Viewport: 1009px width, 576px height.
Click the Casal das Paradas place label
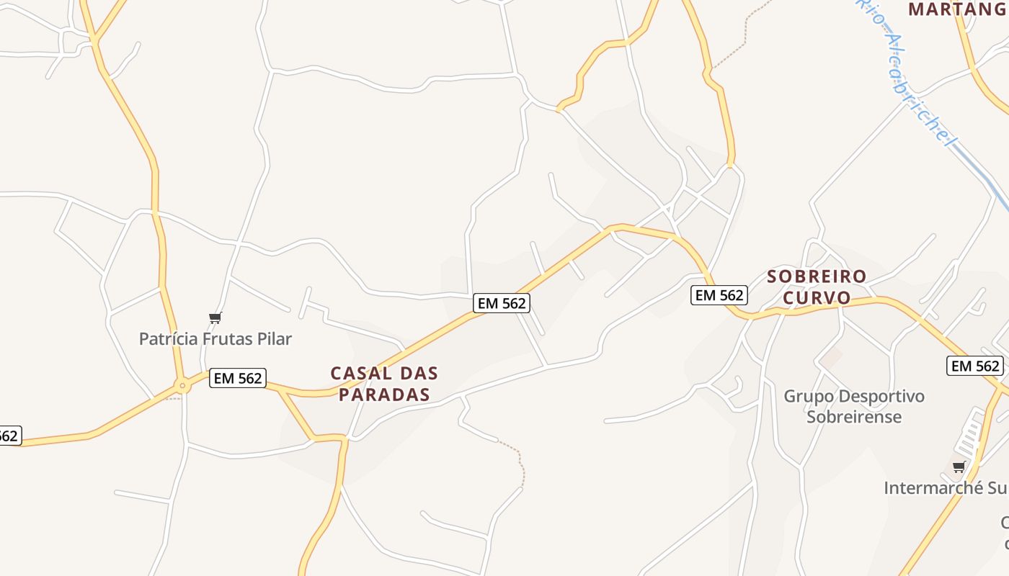click(384, 384)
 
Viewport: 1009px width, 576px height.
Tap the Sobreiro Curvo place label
click(817, 287)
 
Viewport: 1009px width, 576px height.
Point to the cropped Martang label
click(957, 9)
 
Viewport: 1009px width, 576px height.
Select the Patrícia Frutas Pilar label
click(215, 338)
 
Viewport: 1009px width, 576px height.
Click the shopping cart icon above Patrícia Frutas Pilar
click(215, 318)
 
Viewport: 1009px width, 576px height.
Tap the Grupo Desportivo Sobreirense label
click(854, 406)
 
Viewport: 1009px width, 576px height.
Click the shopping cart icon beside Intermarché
click(959, 467)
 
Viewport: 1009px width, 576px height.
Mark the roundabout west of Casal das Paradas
click(182, 386)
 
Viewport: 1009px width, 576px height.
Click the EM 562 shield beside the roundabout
click(238, 378)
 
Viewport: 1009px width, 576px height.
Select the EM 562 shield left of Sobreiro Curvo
click(719, 294)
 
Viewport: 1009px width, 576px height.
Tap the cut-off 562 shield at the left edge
click(9, 436)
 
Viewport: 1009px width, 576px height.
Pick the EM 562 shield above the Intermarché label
click(974, 366)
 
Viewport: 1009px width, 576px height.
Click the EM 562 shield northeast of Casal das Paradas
click(502, 303)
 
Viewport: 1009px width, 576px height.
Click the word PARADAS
click(384, 395)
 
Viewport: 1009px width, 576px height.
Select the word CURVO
click(817, 297)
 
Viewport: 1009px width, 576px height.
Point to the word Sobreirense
click(854, 417)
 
